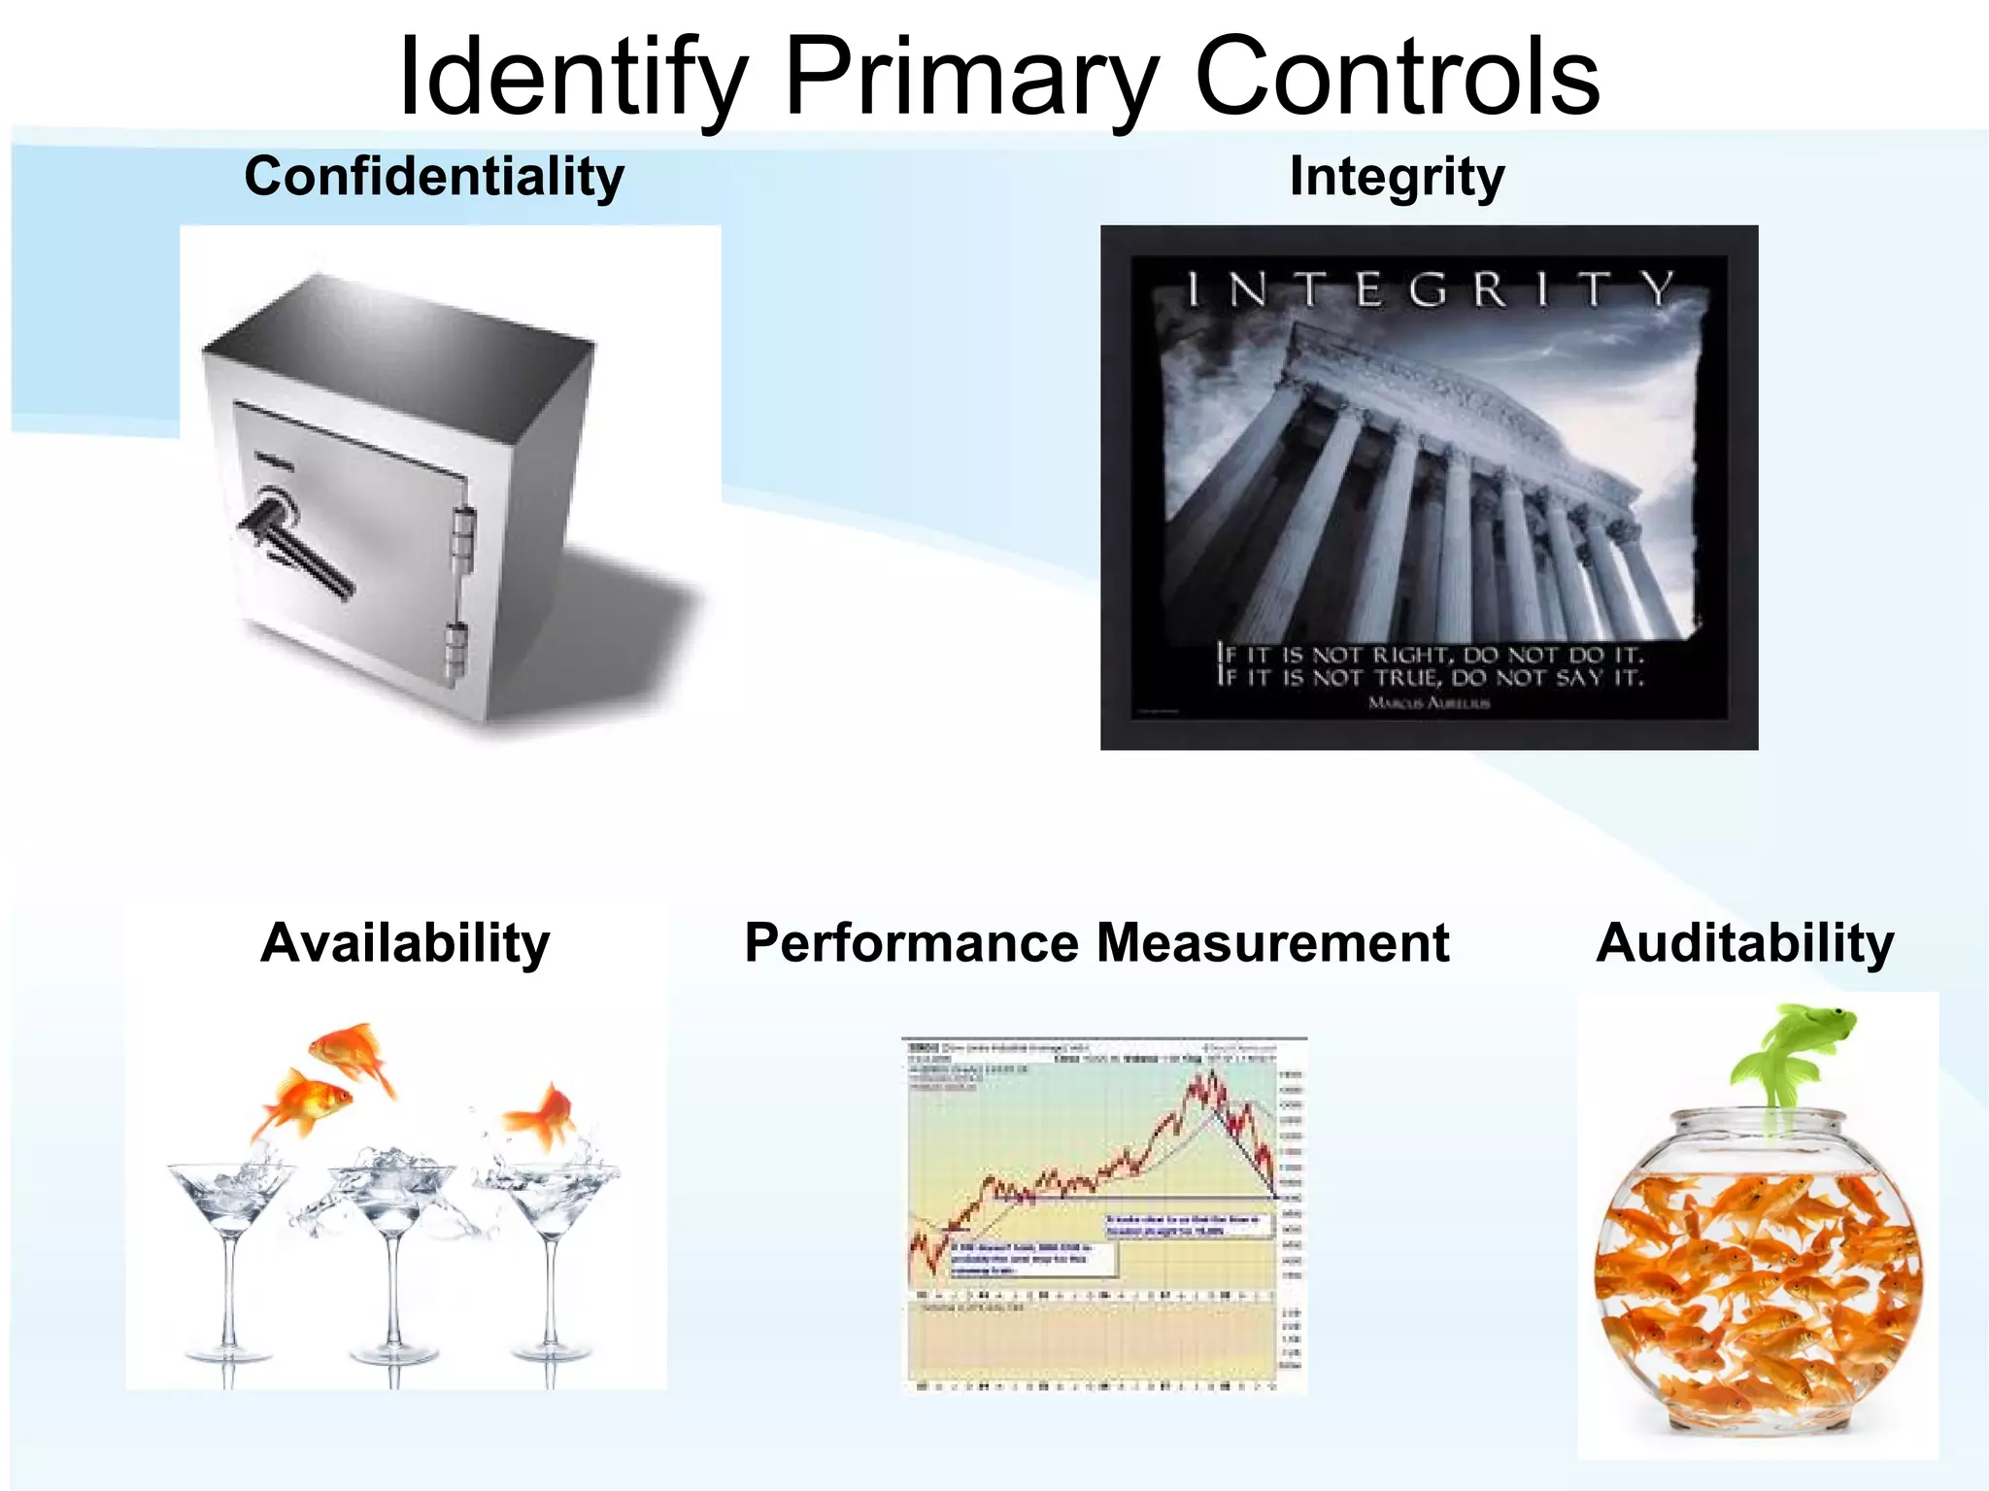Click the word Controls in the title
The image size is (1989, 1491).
pos(1397,78)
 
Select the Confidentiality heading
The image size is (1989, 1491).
pos(434,177)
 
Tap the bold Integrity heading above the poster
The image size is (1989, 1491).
pos(1397,177)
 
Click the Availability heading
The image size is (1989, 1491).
pos(405,943)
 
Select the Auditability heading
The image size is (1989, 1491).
pos(1744,943)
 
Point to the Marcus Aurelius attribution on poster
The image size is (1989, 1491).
pos(1429,702)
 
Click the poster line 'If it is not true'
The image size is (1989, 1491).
pos(1429,678)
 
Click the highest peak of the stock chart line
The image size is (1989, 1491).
pos(1210,1072)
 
